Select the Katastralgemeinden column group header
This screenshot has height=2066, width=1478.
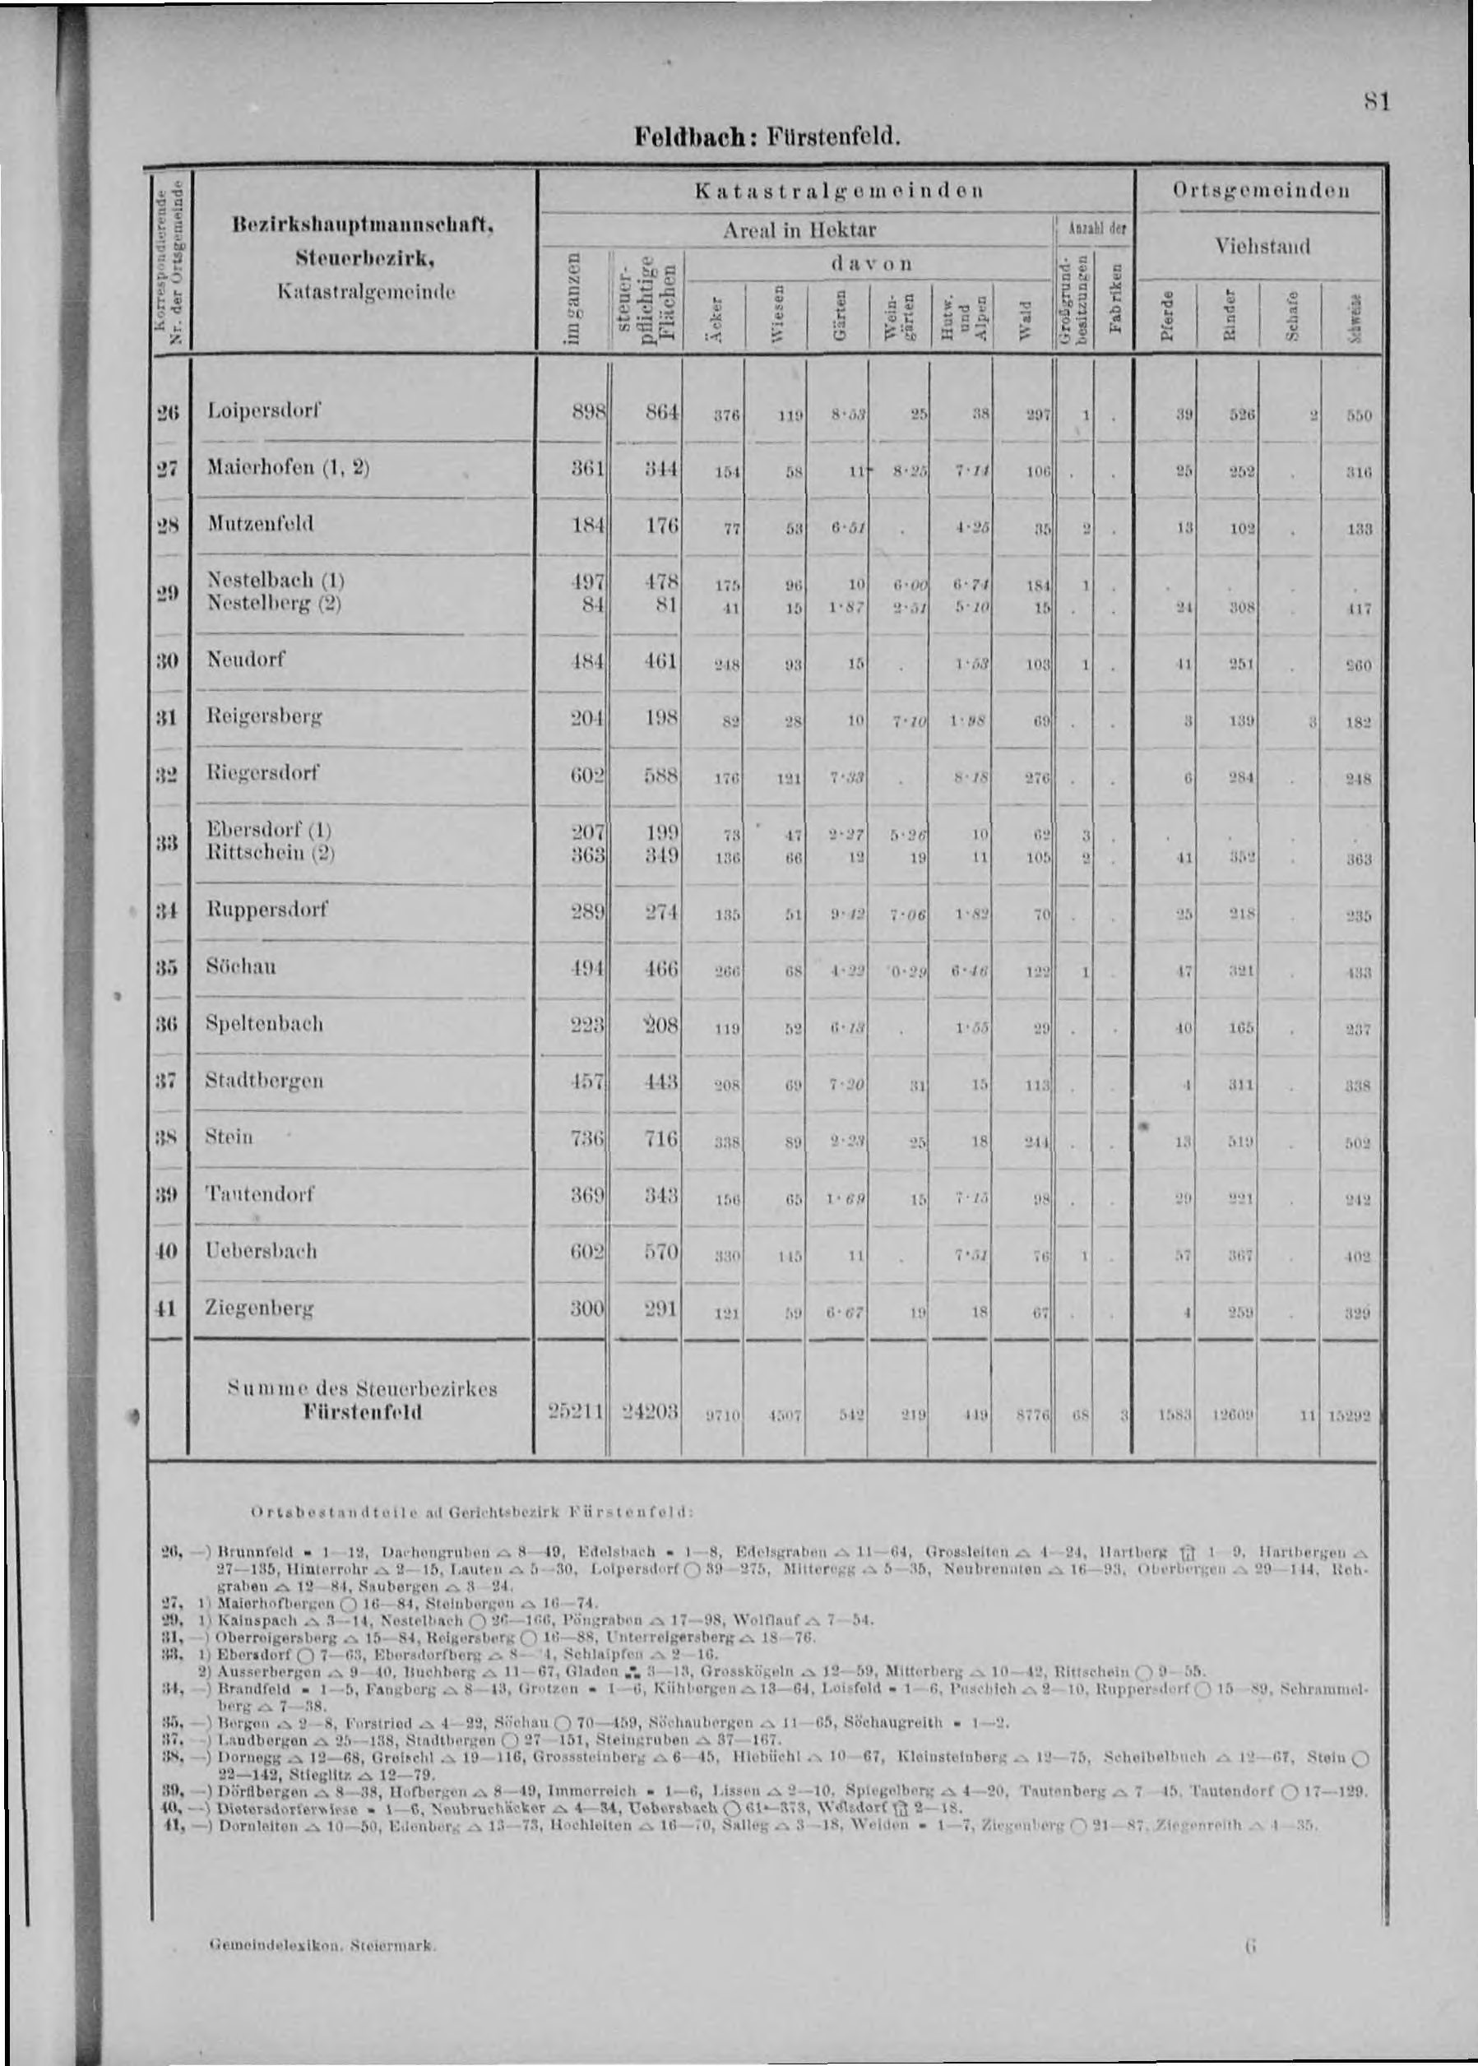tap(838, 192)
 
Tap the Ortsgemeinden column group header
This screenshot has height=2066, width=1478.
tap(1262, 192)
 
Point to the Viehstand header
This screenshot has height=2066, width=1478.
tap(1261, 246)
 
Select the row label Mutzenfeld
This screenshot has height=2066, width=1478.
tap(260, 524)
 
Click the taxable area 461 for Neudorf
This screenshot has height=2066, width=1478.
tap(660, 660)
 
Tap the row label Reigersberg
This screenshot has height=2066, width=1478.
tap(265, 716)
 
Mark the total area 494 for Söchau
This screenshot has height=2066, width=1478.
tap(589, 968)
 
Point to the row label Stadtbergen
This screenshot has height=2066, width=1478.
tap(265, 1082)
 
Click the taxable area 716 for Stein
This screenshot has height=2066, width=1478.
tap(660, 1138)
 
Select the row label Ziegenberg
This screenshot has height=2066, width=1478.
tap(260, 1309)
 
